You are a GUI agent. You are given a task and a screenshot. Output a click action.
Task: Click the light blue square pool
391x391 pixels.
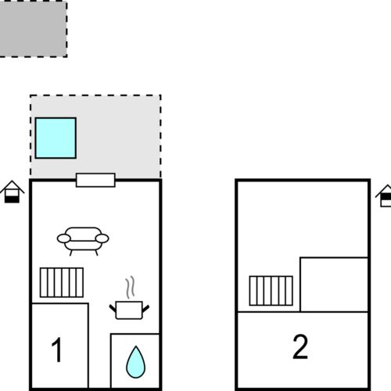click(x=56, y=138)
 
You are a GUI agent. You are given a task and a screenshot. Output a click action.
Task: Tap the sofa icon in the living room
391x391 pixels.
click(x=83, y=241)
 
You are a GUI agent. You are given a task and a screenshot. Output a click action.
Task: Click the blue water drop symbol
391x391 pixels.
click(x=135, y=362)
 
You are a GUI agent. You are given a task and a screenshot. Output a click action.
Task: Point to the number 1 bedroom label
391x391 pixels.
click(x=56, y=350)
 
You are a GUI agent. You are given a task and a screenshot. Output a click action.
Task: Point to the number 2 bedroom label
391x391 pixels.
click(x=300, y=346)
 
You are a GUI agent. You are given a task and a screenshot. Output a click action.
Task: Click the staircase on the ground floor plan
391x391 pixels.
click(x=62, y=282)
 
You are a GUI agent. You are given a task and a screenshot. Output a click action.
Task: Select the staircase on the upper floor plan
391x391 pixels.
click(x=271, y=291)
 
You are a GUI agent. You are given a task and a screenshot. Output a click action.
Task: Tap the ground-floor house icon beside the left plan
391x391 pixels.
click(x=12, y=192)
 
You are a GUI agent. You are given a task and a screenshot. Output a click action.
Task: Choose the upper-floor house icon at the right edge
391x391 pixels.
click(x=384, y=195)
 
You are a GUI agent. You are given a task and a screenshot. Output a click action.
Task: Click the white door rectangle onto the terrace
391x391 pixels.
click(x=95, y=180)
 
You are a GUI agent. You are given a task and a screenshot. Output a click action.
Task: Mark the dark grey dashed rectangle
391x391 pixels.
click(x=33, y=29)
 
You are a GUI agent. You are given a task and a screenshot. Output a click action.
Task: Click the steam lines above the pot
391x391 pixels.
click(x=130, y=287)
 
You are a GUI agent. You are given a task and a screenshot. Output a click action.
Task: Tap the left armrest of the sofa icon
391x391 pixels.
click(x=64, y=239)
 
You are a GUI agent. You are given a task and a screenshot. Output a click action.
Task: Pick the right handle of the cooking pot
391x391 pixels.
click(x=145, y=309)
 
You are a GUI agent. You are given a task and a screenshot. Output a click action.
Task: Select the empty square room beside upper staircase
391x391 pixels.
click(x=334, y=285)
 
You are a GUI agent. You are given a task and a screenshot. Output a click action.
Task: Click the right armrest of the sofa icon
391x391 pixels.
click(x=102, y=239)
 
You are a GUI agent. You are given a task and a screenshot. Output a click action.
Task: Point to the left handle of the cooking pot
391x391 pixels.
click(x=113, y=308)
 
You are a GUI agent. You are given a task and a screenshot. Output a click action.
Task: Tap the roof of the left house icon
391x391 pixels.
click(x=12, y=186)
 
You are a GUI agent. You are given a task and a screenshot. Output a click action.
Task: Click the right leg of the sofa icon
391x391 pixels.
click(x=96, y=253)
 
